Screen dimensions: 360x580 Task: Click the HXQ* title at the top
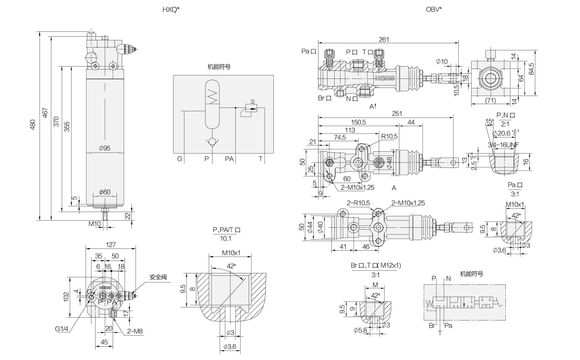pyautogui.click(x=171, y=10)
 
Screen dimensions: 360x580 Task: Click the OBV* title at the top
pyautogui.click(x=434, y=10)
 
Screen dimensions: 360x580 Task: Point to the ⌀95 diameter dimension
pyautogui.click(x=105, y=148)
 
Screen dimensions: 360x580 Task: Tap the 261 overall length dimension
pyautogui.click(x=384, y=40)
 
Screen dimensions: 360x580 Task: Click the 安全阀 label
pyautogui.click(x=157, y=277)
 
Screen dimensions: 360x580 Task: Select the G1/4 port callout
pyautogui.click(x=61, y=328)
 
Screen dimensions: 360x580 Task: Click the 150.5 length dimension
pyautogui.click(x=358, y=122)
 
